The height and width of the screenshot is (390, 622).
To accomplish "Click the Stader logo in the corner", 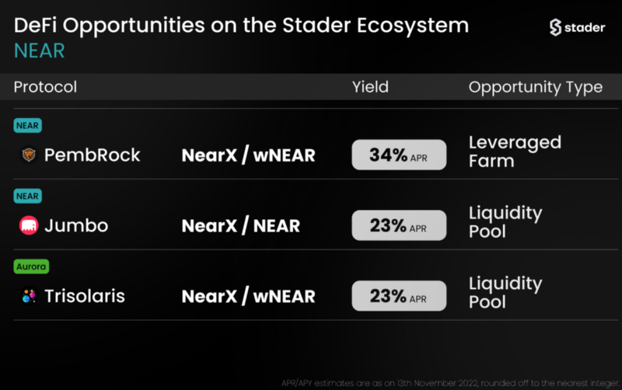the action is [577, 27].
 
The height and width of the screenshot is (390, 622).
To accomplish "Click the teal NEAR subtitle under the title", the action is [40, 50].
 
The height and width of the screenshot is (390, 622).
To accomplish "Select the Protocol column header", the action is [45, 87].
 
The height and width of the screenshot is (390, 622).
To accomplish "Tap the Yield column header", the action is [370, 87].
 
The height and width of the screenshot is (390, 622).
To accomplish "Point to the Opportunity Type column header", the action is [536, 87].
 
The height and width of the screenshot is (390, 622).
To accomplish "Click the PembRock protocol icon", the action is [29, 155].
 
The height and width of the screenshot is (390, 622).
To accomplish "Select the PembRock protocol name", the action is [92, 155].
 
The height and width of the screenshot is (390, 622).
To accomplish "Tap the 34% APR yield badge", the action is [399, 155].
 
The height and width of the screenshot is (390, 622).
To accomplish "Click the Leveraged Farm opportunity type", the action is [515, 151].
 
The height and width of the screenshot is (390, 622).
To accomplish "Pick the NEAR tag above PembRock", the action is [27, 126].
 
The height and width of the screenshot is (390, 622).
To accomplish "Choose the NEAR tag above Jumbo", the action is [27, 197].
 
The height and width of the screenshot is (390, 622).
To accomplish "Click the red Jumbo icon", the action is [29, 225].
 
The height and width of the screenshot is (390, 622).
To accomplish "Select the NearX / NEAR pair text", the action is [240, 225].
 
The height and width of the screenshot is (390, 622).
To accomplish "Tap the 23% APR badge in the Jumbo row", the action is [399, 225].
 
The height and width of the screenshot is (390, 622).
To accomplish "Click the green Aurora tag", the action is [31, 266].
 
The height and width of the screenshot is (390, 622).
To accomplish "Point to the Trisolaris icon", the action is [29, 296].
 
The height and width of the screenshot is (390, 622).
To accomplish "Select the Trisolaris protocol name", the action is [85, 296].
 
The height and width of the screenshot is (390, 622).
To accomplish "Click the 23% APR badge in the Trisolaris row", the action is [399, 296].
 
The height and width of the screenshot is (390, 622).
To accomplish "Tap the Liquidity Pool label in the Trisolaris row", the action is [505, 292].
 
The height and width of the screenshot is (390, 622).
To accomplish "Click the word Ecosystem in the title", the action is [413, 26].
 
